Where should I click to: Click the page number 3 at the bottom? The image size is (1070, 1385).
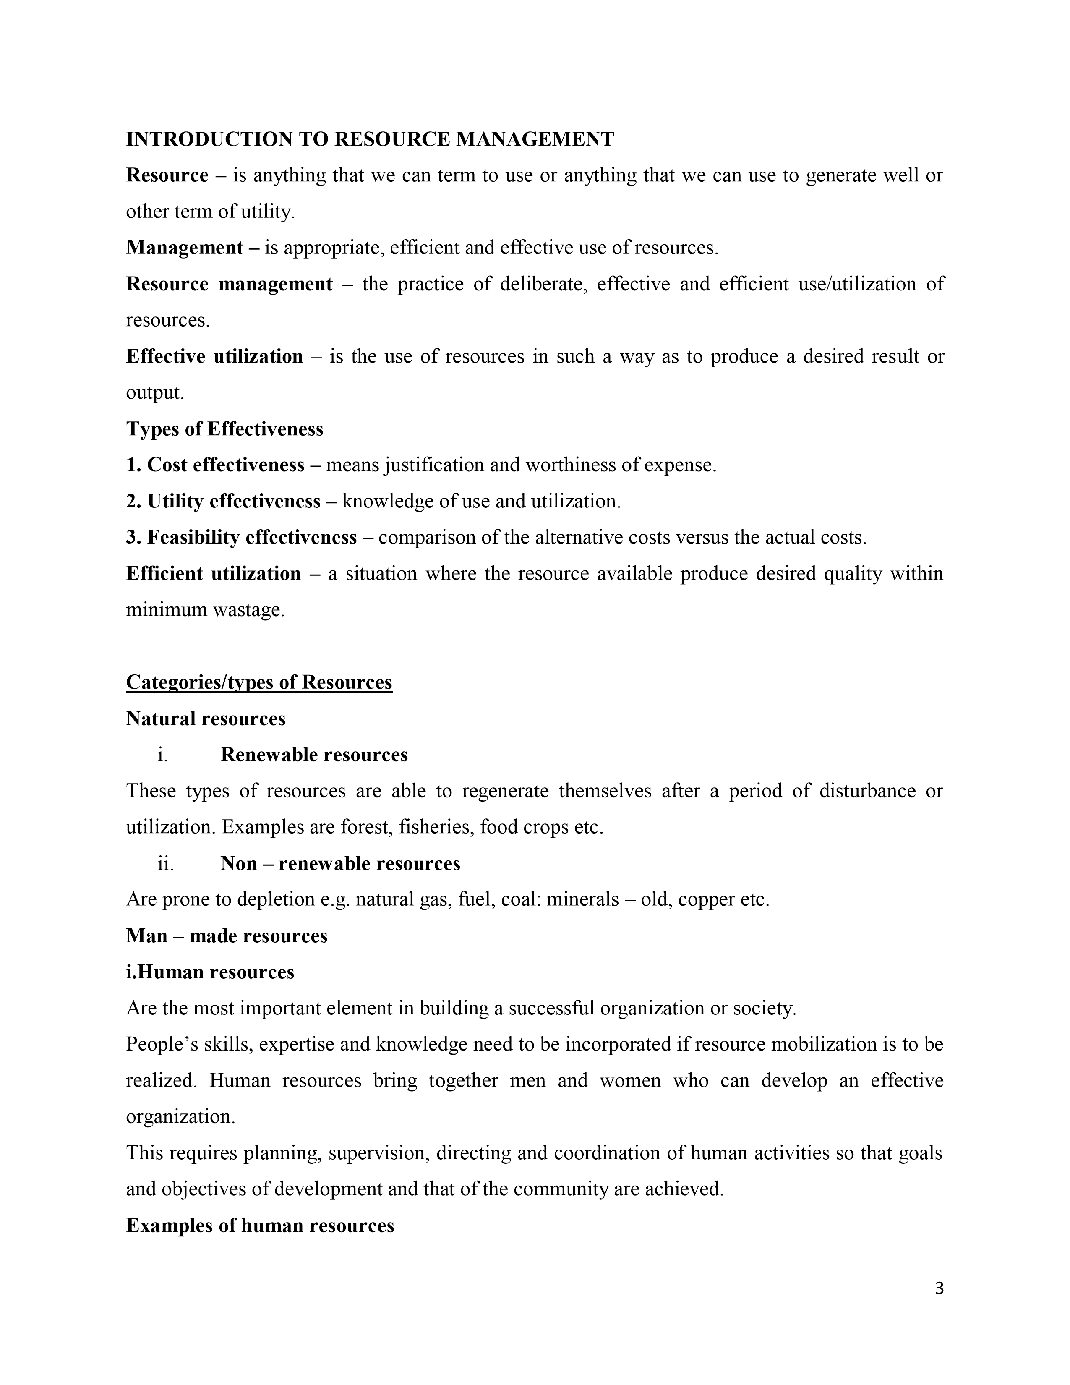pyautogui.click(x=939, y=1288)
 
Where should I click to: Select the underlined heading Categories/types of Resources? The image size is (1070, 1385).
pyautogui.click(x=259, y=682)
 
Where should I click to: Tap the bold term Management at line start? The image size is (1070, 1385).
pyautogui.click(x=185, y=247)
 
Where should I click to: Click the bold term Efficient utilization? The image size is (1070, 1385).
pyautogui.click(x=214, y=573)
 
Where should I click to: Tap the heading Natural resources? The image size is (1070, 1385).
pyautogui.click(x=206, y=719)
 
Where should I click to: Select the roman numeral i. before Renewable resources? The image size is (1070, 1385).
pyautogui.click(x=163, y=755)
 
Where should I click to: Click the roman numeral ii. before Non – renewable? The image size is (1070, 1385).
pyautogui.click(x=165, y=864)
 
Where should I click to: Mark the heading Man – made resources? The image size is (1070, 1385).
pyautogui.click(x=226, y=936)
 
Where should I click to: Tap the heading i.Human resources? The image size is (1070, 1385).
pyautogui.click(x=210, y=972)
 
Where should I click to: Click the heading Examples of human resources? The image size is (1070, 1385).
pyautogui.click(x=260, y=1226)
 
